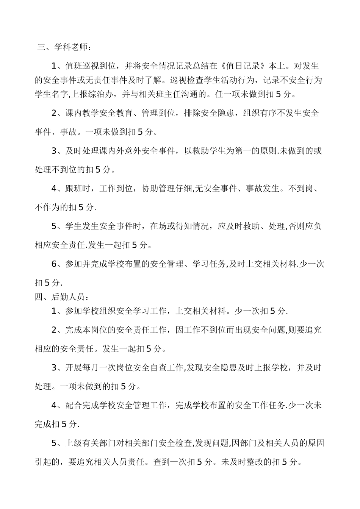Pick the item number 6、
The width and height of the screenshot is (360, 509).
point(58,264)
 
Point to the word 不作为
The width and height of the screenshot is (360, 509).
point(47,207)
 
